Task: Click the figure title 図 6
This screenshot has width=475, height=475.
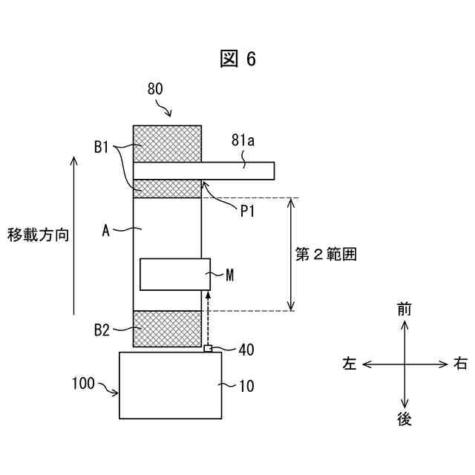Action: coord(237,59)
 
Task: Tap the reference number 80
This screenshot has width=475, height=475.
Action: coord(155,90)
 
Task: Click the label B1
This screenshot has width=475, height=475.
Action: coord(102,147)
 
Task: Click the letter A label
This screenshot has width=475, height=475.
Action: coord(106,232)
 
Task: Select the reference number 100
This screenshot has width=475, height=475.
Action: coord(83,384)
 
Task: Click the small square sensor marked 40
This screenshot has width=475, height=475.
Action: coord(209,349)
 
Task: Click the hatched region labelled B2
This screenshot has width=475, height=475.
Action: coord(167,329)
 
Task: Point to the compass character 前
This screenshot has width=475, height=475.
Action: coord(404,310)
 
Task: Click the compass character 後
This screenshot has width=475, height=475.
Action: coord(404,419)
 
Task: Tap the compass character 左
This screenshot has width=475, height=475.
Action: coord(350,364)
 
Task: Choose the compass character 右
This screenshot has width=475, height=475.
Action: coord(460,364)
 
